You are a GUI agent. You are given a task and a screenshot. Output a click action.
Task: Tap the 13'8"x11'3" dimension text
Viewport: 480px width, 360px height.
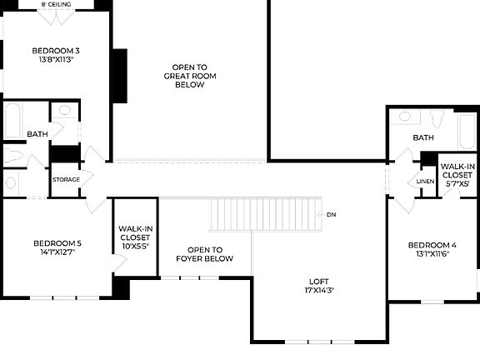57,60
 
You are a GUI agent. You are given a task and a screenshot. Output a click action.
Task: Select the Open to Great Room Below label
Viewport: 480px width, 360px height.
189,75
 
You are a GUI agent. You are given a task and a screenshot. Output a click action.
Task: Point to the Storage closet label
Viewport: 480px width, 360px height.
66,179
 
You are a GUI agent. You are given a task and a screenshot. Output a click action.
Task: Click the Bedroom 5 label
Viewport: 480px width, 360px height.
57,243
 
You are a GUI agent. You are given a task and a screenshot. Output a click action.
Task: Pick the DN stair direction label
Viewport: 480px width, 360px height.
332,214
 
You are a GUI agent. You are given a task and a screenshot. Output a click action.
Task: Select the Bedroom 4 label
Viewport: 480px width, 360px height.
432,245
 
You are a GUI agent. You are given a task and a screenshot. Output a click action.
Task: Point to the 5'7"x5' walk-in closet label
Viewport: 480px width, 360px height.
457,177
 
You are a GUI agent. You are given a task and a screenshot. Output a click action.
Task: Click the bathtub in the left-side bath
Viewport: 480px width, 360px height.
13,122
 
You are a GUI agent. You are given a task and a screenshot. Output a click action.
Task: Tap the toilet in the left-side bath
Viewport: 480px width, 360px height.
13,155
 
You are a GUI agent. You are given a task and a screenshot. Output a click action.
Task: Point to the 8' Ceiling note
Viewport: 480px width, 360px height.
56,4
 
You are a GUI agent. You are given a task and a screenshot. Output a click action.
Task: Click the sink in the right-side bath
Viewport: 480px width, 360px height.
405,117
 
